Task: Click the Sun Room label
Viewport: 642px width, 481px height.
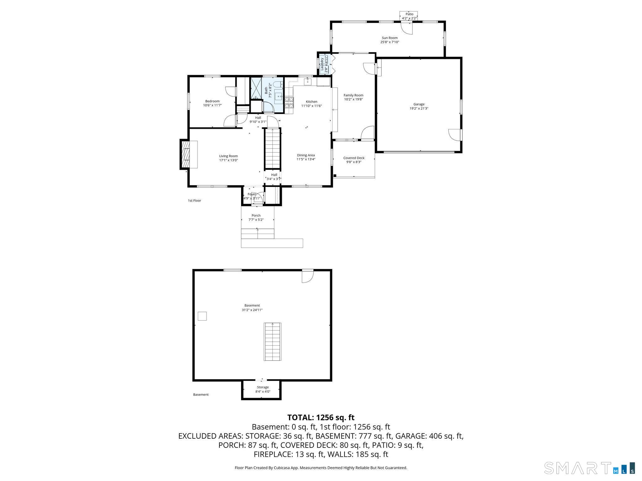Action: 389,38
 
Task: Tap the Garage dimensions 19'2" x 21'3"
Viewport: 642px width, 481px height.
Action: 419,109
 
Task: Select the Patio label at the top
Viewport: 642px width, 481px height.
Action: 409,14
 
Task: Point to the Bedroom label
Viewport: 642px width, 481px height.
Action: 212,101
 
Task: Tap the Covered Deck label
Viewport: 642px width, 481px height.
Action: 354,158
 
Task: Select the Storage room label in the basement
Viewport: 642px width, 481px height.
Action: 263,387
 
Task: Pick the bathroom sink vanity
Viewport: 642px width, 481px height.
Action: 279,96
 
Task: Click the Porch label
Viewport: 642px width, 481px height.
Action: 256,215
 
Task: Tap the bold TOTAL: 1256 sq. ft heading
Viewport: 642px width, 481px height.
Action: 321,417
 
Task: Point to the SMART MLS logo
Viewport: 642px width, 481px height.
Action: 589,468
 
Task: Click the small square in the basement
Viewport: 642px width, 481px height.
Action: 202,316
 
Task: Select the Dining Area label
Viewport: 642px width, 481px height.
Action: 306,155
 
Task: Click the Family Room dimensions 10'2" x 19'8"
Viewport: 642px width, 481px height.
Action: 353,100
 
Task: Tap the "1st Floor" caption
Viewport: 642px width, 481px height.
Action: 194,200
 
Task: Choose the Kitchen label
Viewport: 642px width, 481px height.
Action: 311,101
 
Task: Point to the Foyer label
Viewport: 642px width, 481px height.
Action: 251,194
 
